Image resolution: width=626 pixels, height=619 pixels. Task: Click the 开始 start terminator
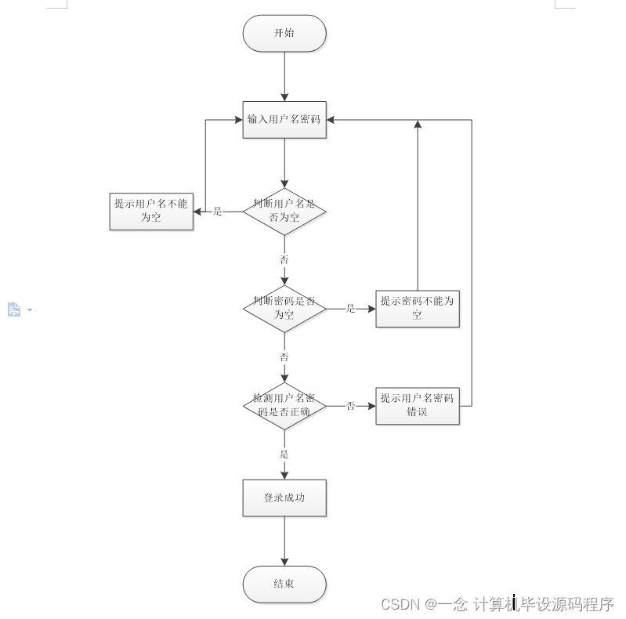click(x=284, y=34)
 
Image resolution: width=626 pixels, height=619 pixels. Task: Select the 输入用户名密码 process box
click(x=284, y=120)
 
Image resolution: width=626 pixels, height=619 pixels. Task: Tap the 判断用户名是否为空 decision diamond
click(x=284, y=211)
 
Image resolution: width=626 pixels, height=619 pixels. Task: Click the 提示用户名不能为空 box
click(x=151, y=211)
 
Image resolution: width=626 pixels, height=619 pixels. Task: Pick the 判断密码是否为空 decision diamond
click(x=284, y=308)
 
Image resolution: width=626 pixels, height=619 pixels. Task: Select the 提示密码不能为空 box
click(x=418, y=308)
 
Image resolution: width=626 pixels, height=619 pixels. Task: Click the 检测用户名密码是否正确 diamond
click(x=284, y=406)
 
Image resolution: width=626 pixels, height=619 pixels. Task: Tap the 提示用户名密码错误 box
click(x=418, y=406)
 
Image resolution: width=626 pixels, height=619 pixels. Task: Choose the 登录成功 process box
click(x=284, y=498)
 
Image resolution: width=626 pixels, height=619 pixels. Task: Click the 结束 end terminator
click(x=284, y=585)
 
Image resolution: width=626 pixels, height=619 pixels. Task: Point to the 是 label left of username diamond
click(x=218, y=212)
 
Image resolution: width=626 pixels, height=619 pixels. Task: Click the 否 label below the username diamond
click(x=284, y=259)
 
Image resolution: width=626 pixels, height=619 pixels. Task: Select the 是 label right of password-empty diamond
click(x=350, y=309)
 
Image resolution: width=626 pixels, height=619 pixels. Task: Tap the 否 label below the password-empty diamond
click(x=284, y=357)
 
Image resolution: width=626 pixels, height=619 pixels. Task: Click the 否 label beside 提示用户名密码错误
click(x=350, y=406)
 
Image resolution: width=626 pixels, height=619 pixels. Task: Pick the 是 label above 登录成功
click(x=284, y=454)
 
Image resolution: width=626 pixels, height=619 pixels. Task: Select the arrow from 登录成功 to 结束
click(x=284, y=541)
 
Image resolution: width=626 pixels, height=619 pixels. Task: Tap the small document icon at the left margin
click(x=14, y=309)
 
